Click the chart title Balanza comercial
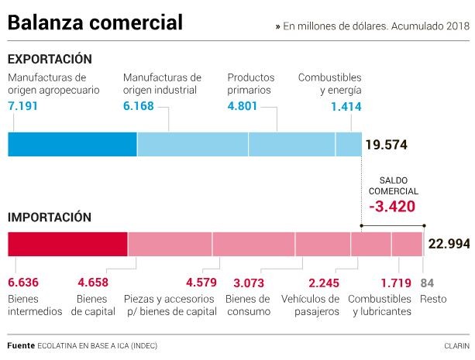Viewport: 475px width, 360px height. (95, 23)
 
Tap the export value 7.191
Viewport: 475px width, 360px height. (24, 105)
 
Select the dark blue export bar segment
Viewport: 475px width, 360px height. (72, 144)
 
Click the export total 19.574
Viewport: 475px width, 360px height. (386, 145)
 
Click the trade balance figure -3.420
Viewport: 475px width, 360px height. (392, 207)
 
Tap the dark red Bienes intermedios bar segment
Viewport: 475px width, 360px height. (67, 244)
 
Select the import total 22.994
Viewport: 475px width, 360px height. (449, 244)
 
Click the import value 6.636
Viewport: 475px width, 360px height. (24, 282)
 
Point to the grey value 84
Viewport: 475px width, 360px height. (427, 282)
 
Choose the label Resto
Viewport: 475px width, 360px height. (434, 299)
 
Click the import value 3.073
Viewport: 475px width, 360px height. (250, 282)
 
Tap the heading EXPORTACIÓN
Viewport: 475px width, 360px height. (50, 59)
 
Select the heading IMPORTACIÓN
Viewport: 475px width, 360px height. (50, 218)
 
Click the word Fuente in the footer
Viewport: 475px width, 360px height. (21, 345)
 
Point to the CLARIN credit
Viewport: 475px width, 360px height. (456, 345)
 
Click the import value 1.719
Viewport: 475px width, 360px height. (396, 282)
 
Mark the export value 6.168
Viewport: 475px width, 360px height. (139, 105)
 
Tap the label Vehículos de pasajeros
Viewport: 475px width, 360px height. (310, 305)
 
